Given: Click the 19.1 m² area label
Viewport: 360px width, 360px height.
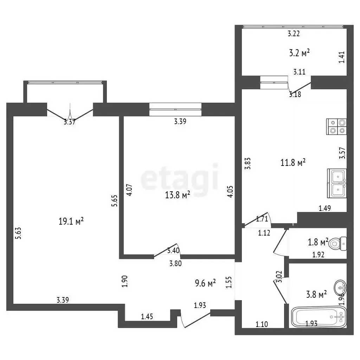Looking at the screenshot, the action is pyautogui.click(x=71, y=221).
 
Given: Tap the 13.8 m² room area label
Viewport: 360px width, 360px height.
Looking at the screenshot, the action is pyautogui.click(x=178, y=195).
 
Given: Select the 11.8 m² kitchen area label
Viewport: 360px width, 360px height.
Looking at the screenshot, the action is pyautogui.click(x=293, y=162).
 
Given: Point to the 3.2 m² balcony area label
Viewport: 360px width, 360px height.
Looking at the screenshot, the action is pyautogui.click(x=299, y=53).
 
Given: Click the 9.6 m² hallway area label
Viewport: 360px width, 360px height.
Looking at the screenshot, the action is pyautogui.click(x=205, y=283).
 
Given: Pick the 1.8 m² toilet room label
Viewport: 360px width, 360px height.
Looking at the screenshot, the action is pyautogui.click(x=318, y=242).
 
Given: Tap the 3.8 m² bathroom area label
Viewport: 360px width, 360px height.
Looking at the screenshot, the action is pyautogui.click(x=316, y=294).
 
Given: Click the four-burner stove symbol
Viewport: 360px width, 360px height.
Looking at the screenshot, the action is pyautogui.click(x=336, y=127).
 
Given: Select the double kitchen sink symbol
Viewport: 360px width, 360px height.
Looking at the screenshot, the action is pyautogui.click(x=337, y=183).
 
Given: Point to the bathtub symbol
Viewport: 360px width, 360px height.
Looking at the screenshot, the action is pyautogui.click(x=319, y=317).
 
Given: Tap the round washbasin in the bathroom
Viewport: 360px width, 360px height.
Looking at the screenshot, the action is pyautogui.click(x=340, y=287).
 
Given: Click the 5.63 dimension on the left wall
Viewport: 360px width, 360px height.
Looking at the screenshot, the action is pyautogui.click(x=18, y=233).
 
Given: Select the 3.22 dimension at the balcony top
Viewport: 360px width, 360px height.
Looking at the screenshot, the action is pyautogui.click(x=294, y=33).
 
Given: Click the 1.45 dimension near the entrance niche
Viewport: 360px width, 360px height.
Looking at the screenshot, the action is pyautogui.click(x=147, y=317).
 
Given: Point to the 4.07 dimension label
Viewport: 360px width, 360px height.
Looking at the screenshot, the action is pyautogui.click(x=129, y=190).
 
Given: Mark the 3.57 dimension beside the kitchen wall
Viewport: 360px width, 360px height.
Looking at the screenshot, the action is pyautogui.click(x=342, y=153).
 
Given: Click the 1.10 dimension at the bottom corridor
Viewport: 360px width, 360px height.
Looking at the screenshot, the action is pyautogui.click(x=262, y=324).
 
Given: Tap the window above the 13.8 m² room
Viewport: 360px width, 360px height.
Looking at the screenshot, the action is pyautogui.click(x=175, y=109).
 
